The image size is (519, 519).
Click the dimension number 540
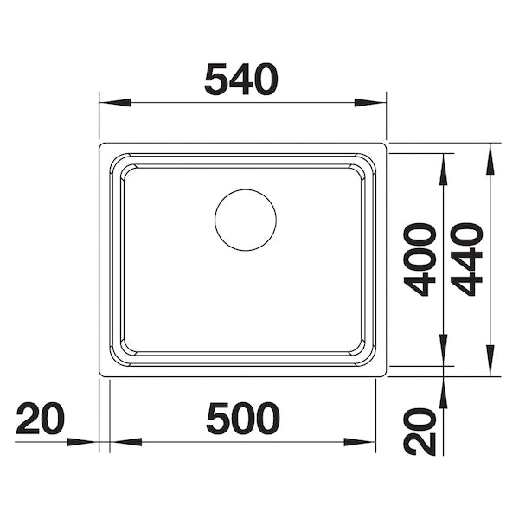(241, 80)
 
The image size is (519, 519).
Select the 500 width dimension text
(243, 420)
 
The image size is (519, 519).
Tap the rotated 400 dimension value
(422, 259)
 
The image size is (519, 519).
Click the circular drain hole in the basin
(246, 220)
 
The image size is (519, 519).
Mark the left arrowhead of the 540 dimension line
(112, 103)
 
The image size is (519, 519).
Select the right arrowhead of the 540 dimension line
(372, 103)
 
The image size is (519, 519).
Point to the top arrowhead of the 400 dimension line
(444, 170)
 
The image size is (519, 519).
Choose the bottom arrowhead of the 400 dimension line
(444, 351)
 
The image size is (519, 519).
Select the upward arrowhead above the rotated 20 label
(444, 394)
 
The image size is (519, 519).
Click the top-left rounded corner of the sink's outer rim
(103, 146)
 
